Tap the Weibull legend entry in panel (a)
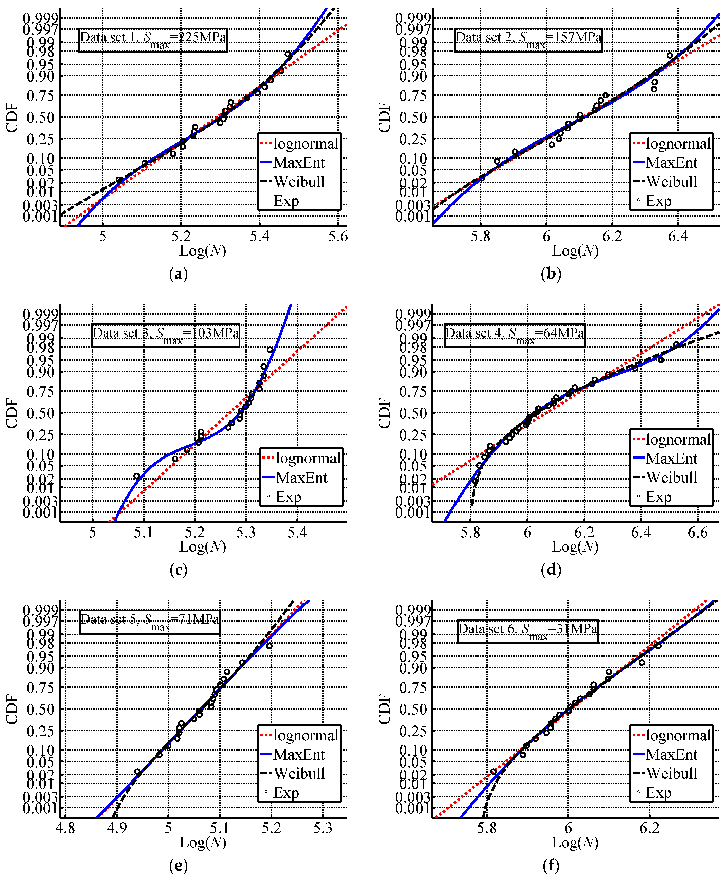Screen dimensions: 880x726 tap(299, 181)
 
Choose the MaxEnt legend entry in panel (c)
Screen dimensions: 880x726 tap(301, 477)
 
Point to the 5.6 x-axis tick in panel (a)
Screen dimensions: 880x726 tap(337, 237)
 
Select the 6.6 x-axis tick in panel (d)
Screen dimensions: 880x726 tap(697, 533)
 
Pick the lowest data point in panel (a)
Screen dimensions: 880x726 tap(119, 180)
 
